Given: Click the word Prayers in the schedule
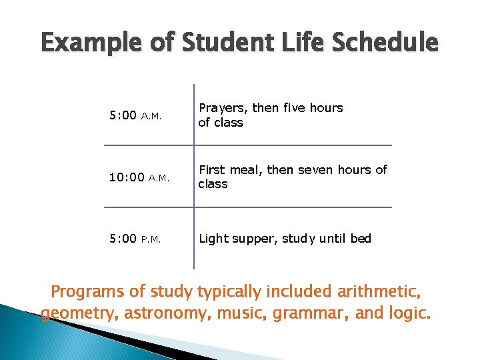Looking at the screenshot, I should [x=223, y=108].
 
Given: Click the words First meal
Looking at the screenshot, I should [x=227, y=170].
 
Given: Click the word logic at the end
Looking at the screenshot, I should [x=405, y=313].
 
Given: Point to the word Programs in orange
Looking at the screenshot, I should [x=89, y=291].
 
